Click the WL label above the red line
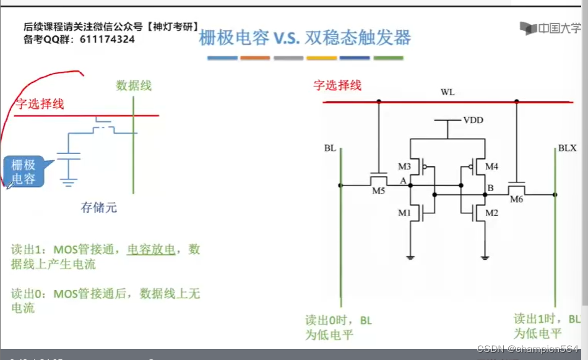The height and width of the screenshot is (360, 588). (x=447, y=92)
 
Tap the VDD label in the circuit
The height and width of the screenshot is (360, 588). (x=473, y=119)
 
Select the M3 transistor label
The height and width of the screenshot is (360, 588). (x=405, y=166)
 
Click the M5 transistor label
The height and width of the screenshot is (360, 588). (x=379, y=190)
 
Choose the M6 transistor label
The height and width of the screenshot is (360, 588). (x=517, y=199)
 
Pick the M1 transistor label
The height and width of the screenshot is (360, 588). (x=405, y=213)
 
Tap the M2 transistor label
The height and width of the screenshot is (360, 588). (x=492, y=213)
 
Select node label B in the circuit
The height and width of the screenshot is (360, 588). (x=490, y=187)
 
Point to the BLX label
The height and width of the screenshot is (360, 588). (x=567, y=148)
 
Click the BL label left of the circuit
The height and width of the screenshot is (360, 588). (x=329, y=148)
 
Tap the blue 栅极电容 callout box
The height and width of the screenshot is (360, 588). (x=24, y=171)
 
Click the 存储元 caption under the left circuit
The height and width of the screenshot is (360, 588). (x=98, y=208)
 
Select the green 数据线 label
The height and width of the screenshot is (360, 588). (x=133, y=85)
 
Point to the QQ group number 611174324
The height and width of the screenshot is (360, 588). (x=107, y=39)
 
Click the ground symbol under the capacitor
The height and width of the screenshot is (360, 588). (x=69, y=181)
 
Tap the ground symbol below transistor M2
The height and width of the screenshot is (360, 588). (x=485, y=257)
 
